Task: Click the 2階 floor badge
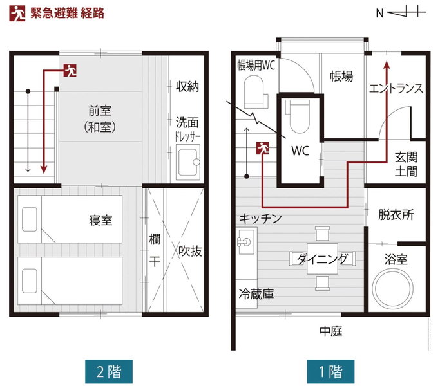tap(109, 371)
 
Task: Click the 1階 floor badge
tap(330, 371)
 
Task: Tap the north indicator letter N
tap(379, 13)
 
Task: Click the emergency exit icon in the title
tap(17, 13)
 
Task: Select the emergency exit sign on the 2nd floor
tap(70, 70)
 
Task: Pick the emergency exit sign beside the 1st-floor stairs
tap(262, 148)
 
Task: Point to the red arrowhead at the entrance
tap(387, 66)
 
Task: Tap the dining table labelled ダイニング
tap(322, 259)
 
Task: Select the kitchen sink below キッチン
tap(247, 241)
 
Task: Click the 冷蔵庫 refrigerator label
tap(256, 295)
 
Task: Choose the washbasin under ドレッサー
tap(188, 162)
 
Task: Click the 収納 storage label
tap(187, 87)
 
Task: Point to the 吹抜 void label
tap(190, 251)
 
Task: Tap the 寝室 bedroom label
tap(100, 220)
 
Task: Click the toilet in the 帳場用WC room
tap(255, 92)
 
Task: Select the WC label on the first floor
tap(300, 151)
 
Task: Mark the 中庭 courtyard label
tap(331, 331)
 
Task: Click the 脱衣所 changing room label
tap(396, 215)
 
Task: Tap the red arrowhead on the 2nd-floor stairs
tap(44, 169)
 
